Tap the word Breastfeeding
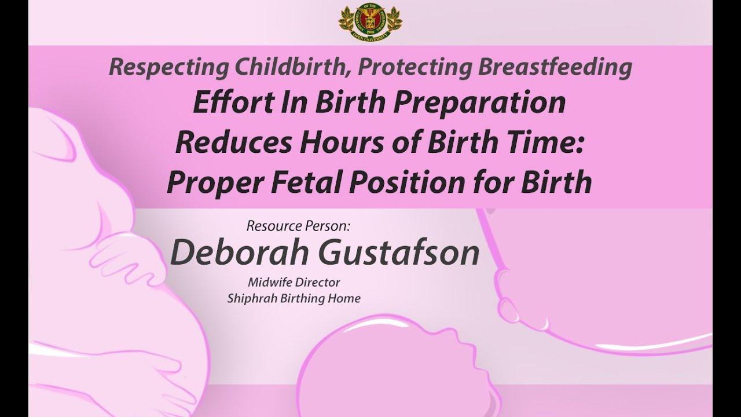tap(555, 68)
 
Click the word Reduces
tap(233, 142)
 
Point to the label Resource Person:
tap(298, 226)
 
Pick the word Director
tap(317, 282)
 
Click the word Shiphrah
tap(252, 298)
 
